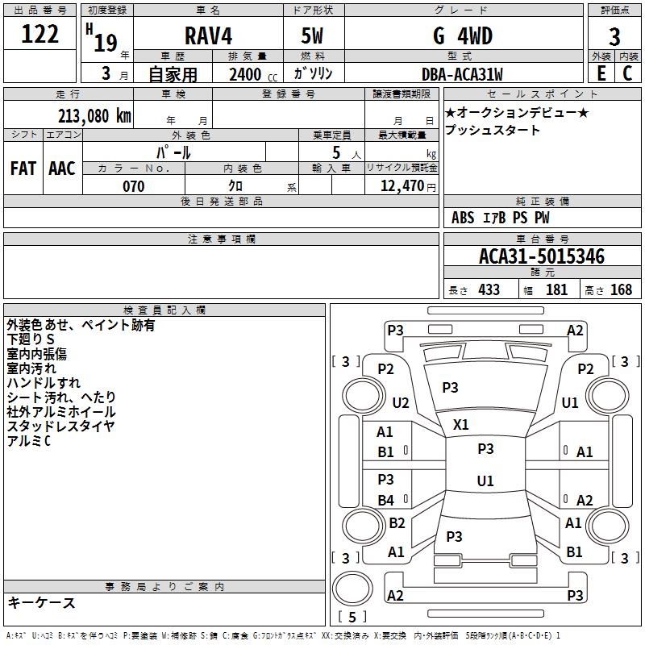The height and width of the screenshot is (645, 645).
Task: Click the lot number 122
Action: click(40, 34)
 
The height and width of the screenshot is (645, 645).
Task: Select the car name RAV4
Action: click(208, 35)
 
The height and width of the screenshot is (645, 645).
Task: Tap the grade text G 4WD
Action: click(463, 35)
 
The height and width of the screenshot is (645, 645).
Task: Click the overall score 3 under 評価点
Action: click(614, 36)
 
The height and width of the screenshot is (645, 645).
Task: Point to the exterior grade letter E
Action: click(601, 73)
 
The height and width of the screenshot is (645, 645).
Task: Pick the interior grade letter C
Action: click(627, 73)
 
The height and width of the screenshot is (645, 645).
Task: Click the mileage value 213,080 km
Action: click(94, 116)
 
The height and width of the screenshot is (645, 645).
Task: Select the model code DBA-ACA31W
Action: click(462, 74)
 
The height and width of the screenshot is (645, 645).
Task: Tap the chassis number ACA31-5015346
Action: click(542, 256)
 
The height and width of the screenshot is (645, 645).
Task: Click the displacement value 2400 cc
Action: click(253, 74)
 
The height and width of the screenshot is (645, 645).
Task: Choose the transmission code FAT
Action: click(23, 169)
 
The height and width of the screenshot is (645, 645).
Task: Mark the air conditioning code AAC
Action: click(62, 169)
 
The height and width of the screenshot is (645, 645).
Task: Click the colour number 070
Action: click(134, 186)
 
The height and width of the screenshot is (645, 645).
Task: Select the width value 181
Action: click(556, 289)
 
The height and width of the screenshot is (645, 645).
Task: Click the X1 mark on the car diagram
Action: click(460, 425)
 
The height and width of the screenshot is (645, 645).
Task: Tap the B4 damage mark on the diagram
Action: click(386, 500)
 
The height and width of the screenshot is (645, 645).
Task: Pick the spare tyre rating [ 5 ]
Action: click(352, 617)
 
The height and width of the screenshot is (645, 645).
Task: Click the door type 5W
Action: click(312, 35)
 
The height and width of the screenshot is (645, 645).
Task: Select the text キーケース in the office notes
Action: click(42, 602)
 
